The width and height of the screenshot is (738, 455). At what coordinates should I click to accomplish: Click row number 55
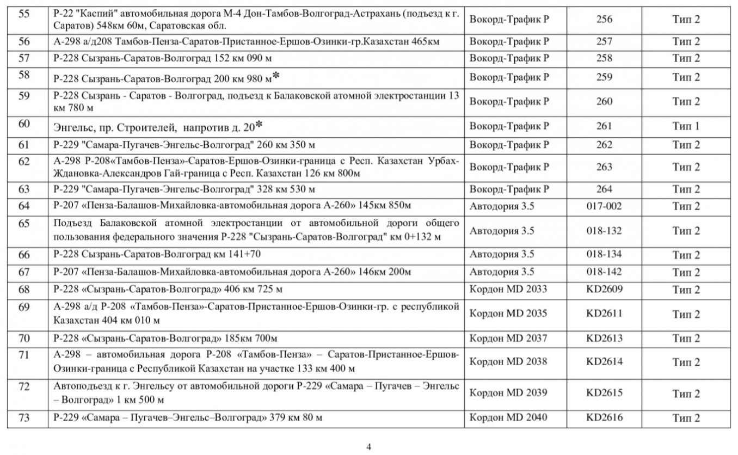click(x=24, y=14)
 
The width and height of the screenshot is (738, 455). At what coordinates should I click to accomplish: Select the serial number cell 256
click(x=604, y=20)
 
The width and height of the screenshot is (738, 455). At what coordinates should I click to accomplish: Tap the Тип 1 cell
click(x=686, y=126)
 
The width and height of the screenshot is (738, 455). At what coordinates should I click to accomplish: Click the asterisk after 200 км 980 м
click(x=276, y=76)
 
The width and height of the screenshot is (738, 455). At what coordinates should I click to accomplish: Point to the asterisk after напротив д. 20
click(x=259, y=125)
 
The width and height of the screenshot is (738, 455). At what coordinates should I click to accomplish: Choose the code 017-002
click(x=604, y=206)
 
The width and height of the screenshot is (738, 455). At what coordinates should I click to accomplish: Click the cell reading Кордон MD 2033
click(x=508, y=289)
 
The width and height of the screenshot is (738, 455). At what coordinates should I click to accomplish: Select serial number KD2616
click(x=604, y=418)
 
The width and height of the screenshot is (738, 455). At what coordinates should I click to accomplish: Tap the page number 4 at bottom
click(x=369, y=447)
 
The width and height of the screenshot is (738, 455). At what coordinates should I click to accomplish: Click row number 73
click(x=24, y=417)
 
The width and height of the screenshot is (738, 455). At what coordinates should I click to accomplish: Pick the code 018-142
click(x=604, y=272)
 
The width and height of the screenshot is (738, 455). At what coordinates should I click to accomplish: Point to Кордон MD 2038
click(x=508, y=361)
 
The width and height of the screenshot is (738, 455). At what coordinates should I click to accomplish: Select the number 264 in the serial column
click(x=604, y=189)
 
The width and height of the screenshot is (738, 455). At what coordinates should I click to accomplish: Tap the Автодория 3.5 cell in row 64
click(x=502, y=206)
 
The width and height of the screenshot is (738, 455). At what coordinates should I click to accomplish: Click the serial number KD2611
click(x=604, y=313)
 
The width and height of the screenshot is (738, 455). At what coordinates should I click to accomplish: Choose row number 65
click(x=24, y=223)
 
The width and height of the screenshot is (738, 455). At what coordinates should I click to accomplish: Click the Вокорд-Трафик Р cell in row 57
click(x=509, y=58)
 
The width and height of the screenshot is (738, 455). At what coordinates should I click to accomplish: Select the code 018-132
click(x=604, y=231)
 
